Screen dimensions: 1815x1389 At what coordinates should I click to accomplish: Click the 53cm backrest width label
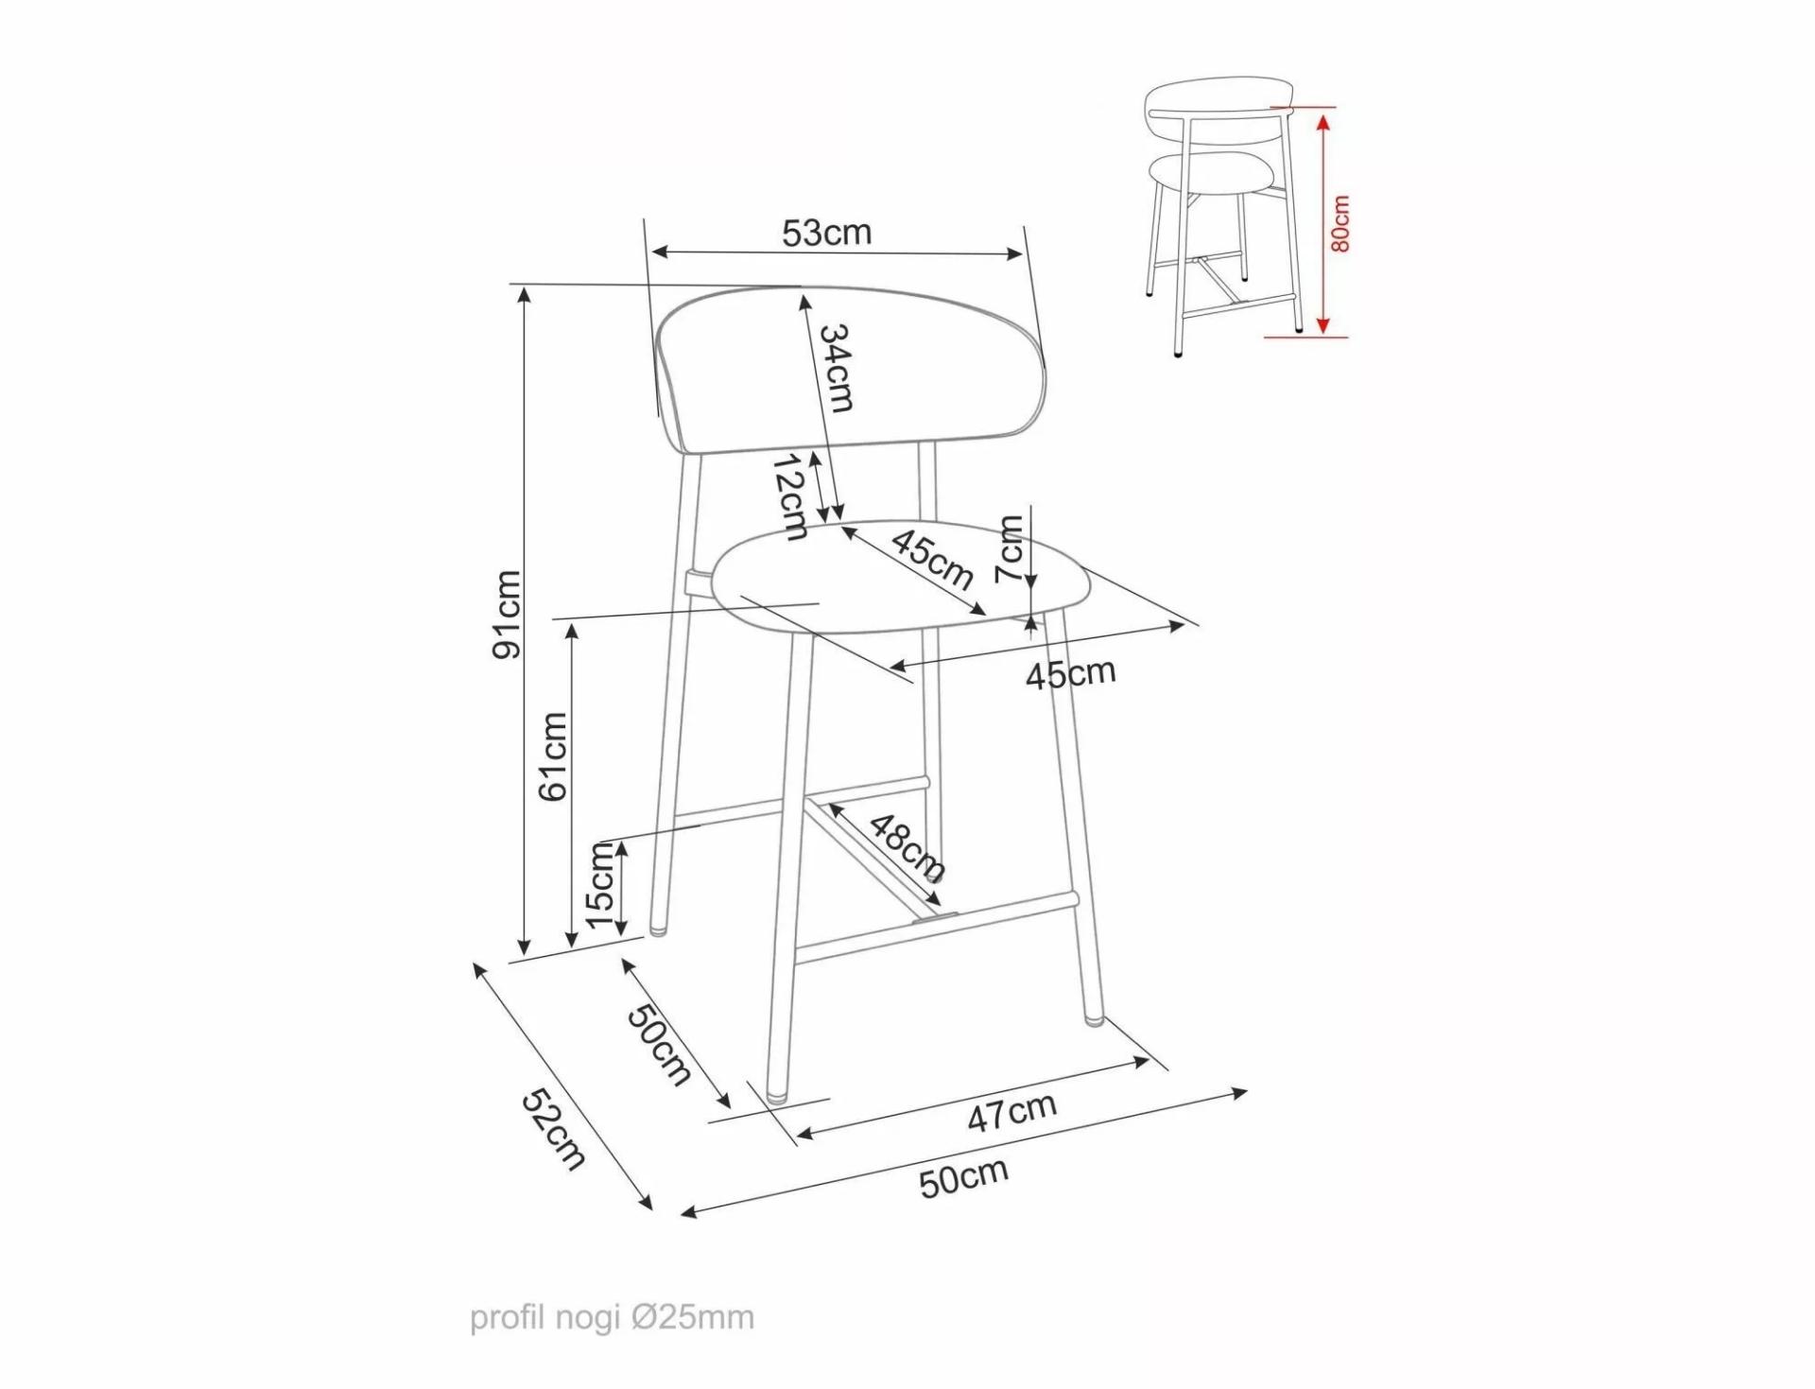[x=826, y=232]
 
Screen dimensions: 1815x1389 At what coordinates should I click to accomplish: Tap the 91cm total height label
[x=508, y=615]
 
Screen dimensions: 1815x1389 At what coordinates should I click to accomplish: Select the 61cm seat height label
[x=553, y=756]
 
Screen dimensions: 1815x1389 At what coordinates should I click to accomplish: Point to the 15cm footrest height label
[x=601, y=885]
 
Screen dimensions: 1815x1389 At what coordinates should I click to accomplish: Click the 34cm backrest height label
[x=837, y=368]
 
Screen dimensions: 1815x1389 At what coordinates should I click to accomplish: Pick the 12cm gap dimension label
[x=788, y=497]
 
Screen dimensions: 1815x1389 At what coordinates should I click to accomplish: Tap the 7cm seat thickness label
[x=1011, y=549]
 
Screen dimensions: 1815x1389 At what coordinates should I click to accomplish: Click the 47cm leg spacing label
[x=1011, y=1112]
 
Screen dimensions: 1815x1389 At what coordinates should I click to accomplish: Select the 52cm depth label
[x=554, y=1129]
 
